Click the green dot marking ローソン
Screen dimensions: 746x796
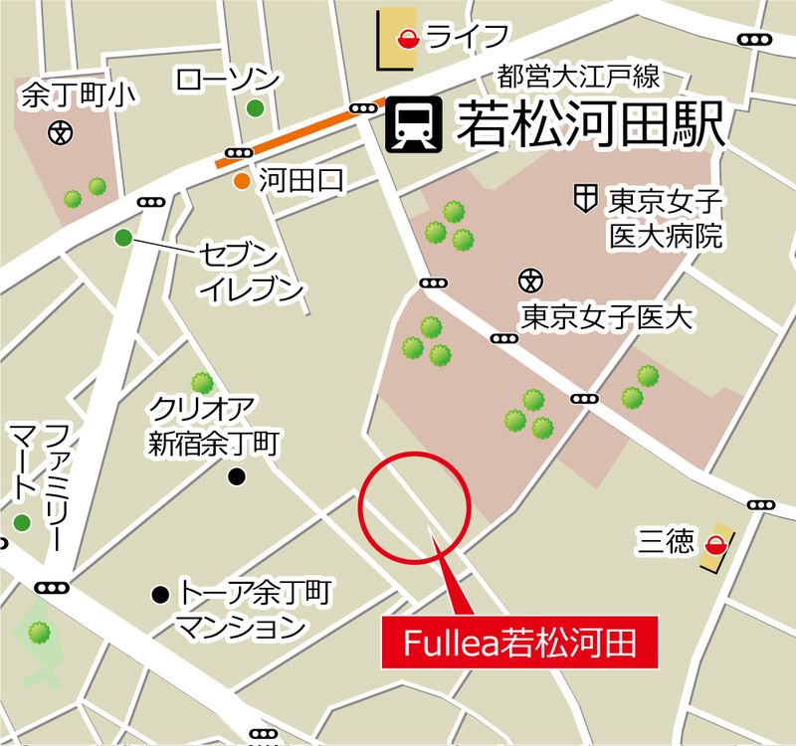coord(256,108)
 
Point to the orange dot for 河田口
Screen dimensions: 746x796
coord(242,181)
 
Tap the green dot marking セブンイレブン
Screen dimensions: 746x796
coord(122,238)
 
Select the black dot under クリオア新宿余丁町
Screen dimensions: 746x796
coord(237,477)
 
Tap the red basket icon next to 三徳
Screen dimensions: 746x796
coord(715,544)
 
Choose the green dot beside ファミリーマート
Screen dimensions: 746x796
coord(22,523)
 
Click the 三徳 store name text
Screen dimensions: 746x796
coord(667,542)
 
